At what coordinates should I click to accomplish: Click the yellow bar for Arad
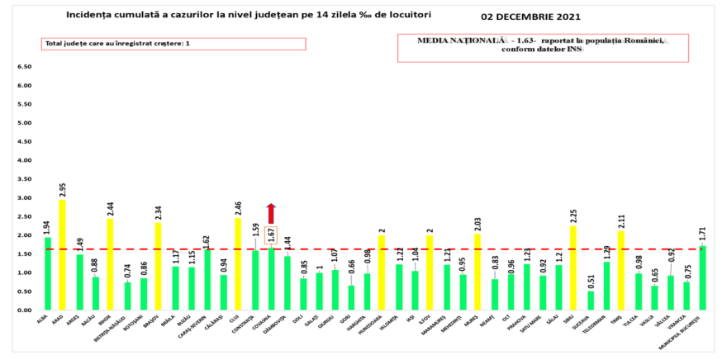pos(62,255)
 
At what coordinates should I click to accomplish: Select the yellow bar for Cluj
pos(239,264)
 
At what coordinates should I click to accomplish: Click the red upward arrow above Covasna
pos(271,213)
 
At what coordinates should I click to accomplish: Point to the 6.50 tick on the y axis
pos(24,67)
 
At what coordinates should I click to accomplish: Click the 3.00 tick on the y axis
pos(24,198)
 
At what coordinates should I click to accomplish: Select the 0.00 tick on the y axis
pos(24,310)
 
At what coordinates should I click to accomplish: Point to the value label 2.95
pos(62,190)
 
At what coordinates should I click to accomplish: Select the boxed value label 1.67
pos(271,235)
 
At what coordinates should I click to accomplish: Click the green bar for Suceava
pos(590,301)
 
